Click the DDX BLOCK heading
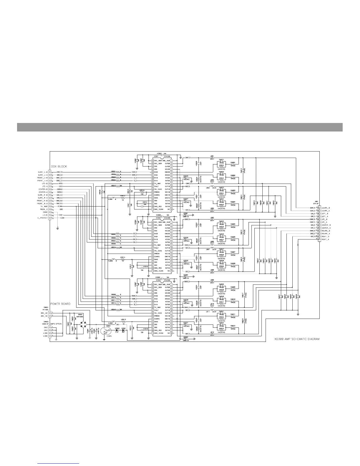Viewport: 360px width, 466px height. tap(59, 167)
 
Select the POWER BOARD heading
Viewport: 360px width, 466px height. tap(60, 304)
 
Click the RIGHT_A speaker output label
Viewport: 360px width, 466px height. tap(326, 239)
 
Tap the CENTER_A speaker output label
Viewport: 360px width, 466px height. tap(326, 228)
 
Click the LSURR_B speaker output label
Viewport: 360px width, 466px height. tap(326, 208)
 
